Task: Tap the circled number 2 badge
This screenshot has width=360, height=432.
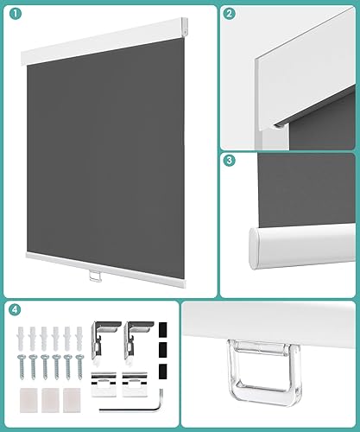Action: [228, 14]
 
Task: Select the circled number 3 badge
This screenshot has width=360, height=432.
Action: [228, 160]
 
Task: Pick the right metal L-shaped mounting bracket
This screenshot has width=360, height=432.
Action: [138, 339]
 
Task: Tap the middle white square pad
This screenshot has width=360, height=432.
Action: [53, 401]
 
